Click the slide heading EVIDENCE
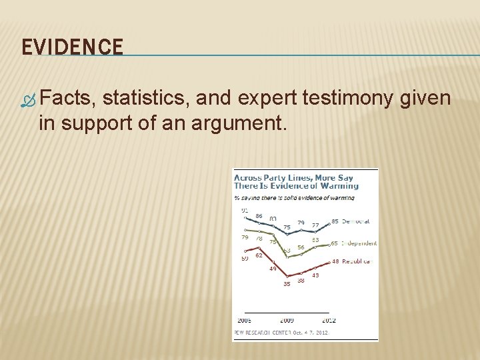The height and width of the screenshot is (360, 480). point(73,47)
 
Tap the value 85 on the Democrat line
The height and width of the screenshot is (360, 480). point(335,221)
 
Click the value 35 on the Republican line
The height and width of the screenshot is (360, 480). point(287,284)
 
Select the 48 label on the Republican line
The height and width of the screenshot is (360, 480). point(335,261)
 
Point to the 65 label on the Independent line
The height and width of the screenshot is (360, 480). point(335,243)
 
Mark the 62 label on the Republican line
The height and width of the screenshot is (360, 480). point(259,255)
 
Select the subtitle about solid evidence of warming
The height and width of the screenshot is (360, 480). point(294,197)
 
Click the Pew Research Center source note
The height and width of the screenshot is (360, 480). point(281,332)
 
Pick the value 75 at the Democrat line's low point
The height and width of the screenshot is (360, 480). point(287,227)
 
